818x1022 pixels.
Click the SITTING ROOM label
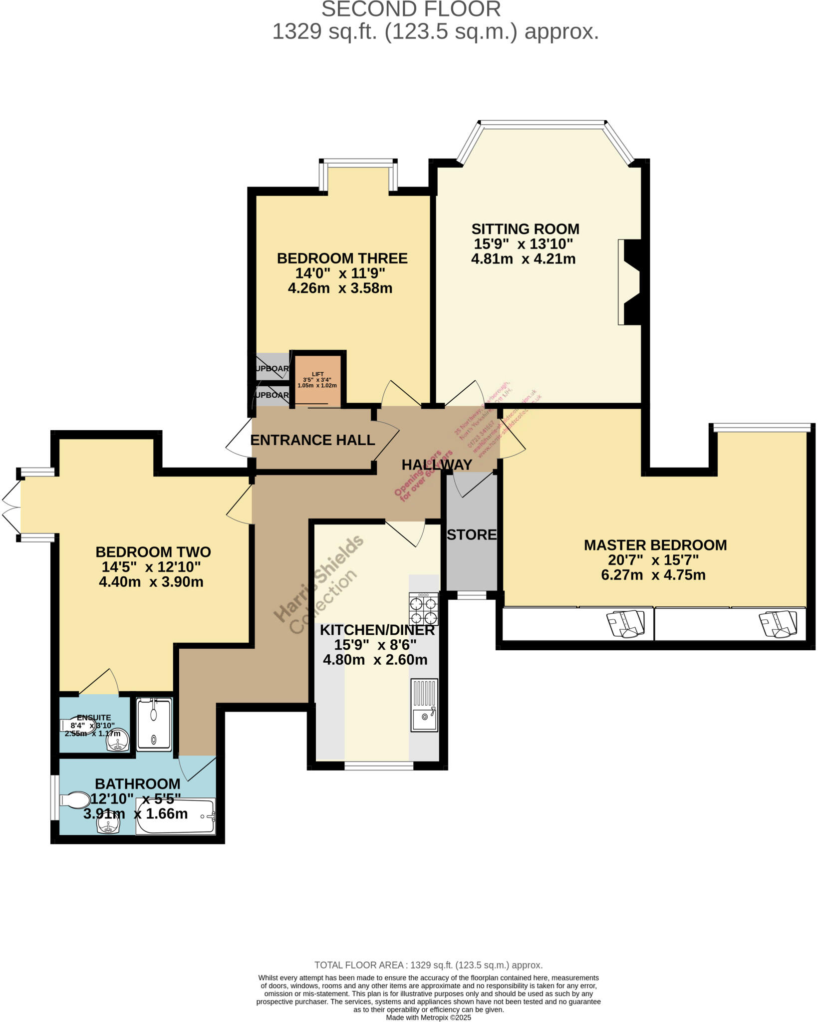click(x=525, y=229)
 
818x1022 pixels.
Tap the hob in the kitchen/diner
click(x=423, y=609)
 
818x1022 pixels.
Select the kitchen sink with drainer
click(x=424, y=705)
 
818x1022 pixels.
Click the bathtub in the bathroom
click(x=176, y=816)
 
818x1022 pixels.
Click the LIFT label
click(x=317, y=374)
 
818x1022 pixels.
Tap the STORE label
click(x=472, y=535)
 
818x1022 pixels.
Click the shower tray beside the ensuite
click(x=154, y=724)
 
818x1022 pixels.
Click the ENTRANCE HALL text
click(x=312, y=440)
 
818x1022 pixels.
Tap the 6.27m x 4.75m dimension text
click(x=653, y=575)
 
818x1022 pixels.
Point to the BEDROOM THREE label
click(x=342, y=258)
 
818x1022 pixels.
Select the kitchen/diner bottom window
click(x=378, y=766)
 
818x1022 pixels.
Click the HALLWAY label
click(x=437, y=465)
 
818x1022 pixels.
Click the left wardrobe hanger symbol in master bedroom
click(x=625, y=623)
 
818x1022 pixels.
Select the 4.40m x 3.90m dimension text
click(x=151, y=582)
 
